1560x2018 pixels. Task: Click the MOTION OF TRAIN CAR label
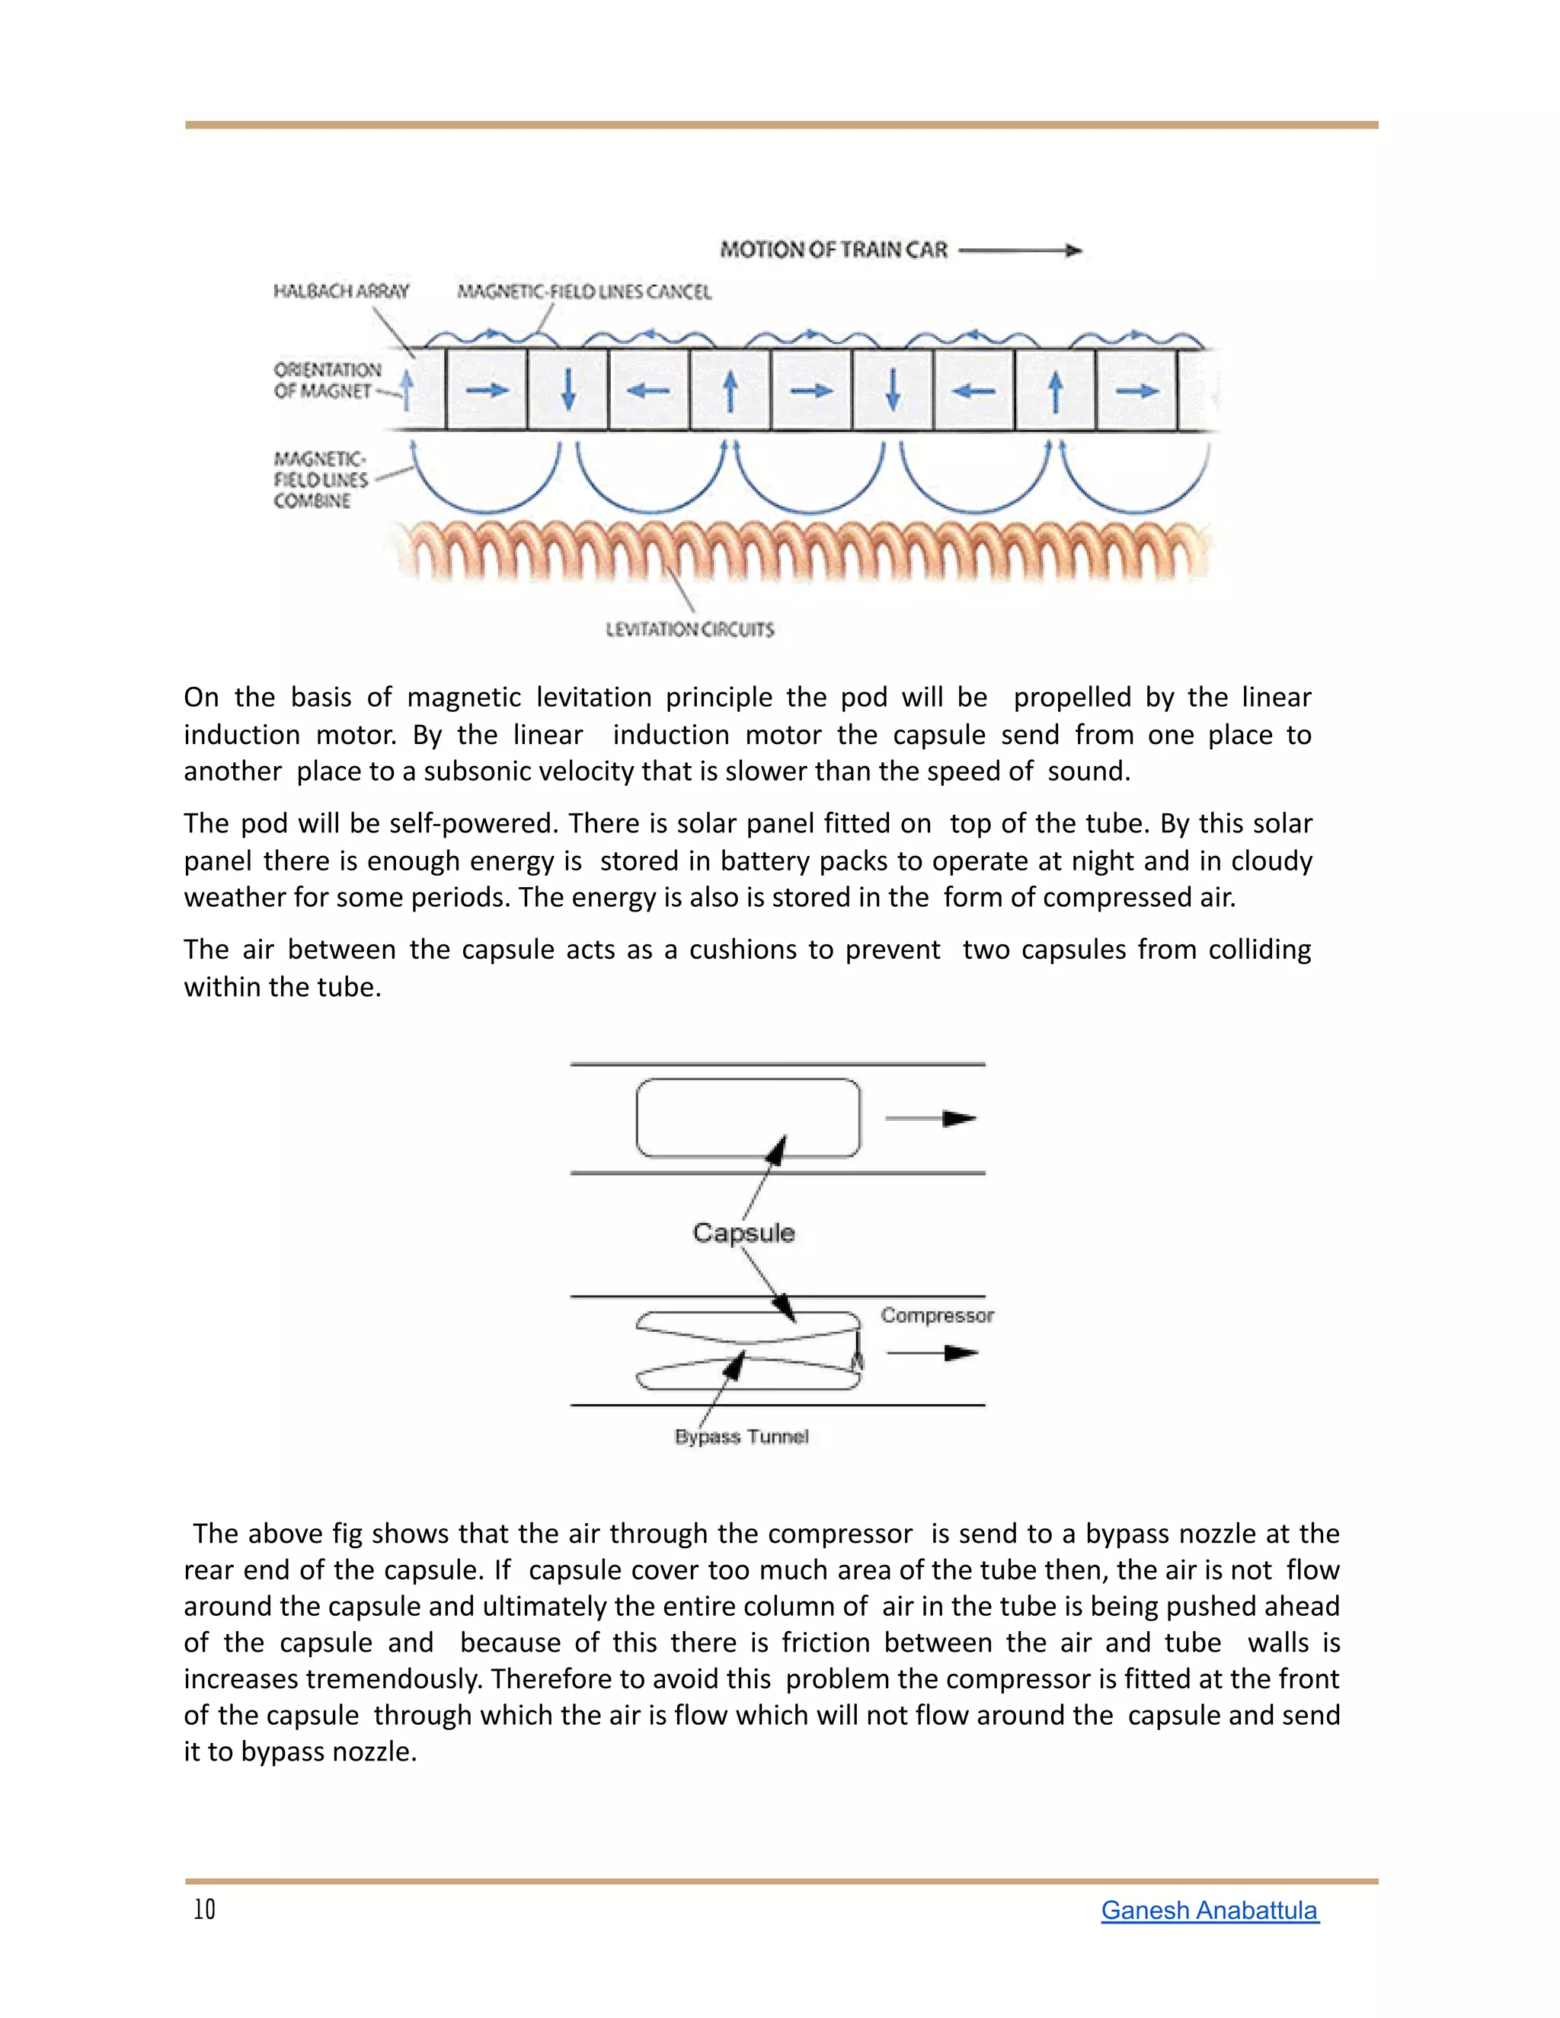click(833, 250)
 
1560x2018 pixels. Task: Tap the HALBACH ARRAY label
click(341, 291)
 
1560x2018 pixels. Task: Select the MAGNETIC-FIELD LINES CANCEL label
click(584, 292)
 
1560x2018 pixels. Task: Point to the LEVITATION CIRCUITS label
click(689, 629)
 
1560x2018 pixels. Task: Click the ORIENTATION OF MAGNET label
click(327, 380)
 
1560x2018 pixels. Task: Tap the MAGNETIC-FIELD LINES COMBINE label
click(320, 480)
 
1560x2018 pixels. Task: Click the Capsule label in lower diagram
click(744, 1233)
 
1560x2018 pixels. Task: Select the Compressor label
click(937, 1315)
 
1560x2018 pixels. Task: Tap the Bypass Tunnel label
click(741, 1437)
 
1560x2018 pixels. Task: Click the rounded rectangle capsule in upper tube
click(748, 1117)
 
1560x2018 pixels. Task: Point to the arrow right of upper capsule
click(931, 1119)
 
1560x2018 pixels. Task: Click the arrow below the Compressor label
click(932, 1352)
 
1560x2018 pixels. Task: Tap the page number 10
click(204, 1910)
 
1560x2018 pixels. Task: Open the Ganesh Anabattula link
click(1209, 1910)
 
